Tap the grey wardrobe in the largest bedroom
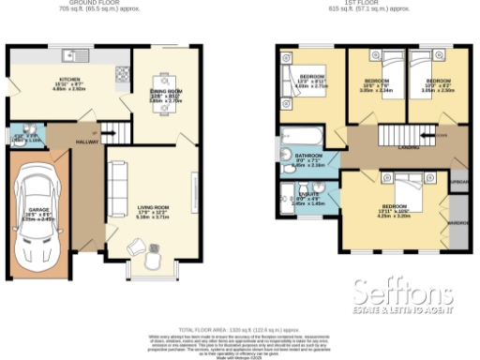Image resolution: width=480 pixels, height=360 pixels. [459, 223]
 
